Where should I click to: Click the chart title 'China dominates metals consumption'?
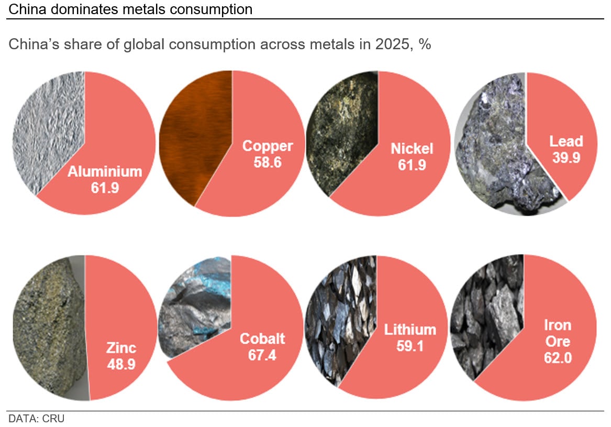click(130, 9)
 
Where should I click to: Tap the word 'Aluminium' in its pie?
click(105, 172)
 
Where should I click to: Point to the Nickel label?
click(412, 149)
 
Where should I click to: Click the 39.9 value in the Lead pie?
click(565, 157)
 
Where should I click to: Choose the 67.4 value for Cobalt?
click(262, 355)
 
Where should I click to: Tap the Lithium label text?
click(410, 330)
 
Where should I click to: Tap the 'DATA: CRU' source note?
click(36, 419)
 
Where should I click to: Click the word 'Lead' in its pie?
click(565, 141)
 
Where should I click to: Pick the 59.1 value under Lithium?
click(410, 346)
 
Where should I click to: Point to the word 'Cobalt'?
click(262, 338)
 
